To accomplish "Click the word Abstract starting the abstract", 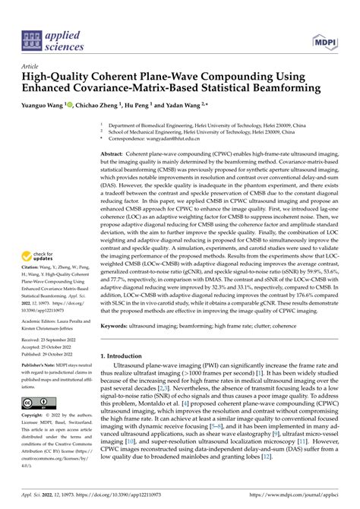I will pyautogui.click(x=114, y=153).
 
